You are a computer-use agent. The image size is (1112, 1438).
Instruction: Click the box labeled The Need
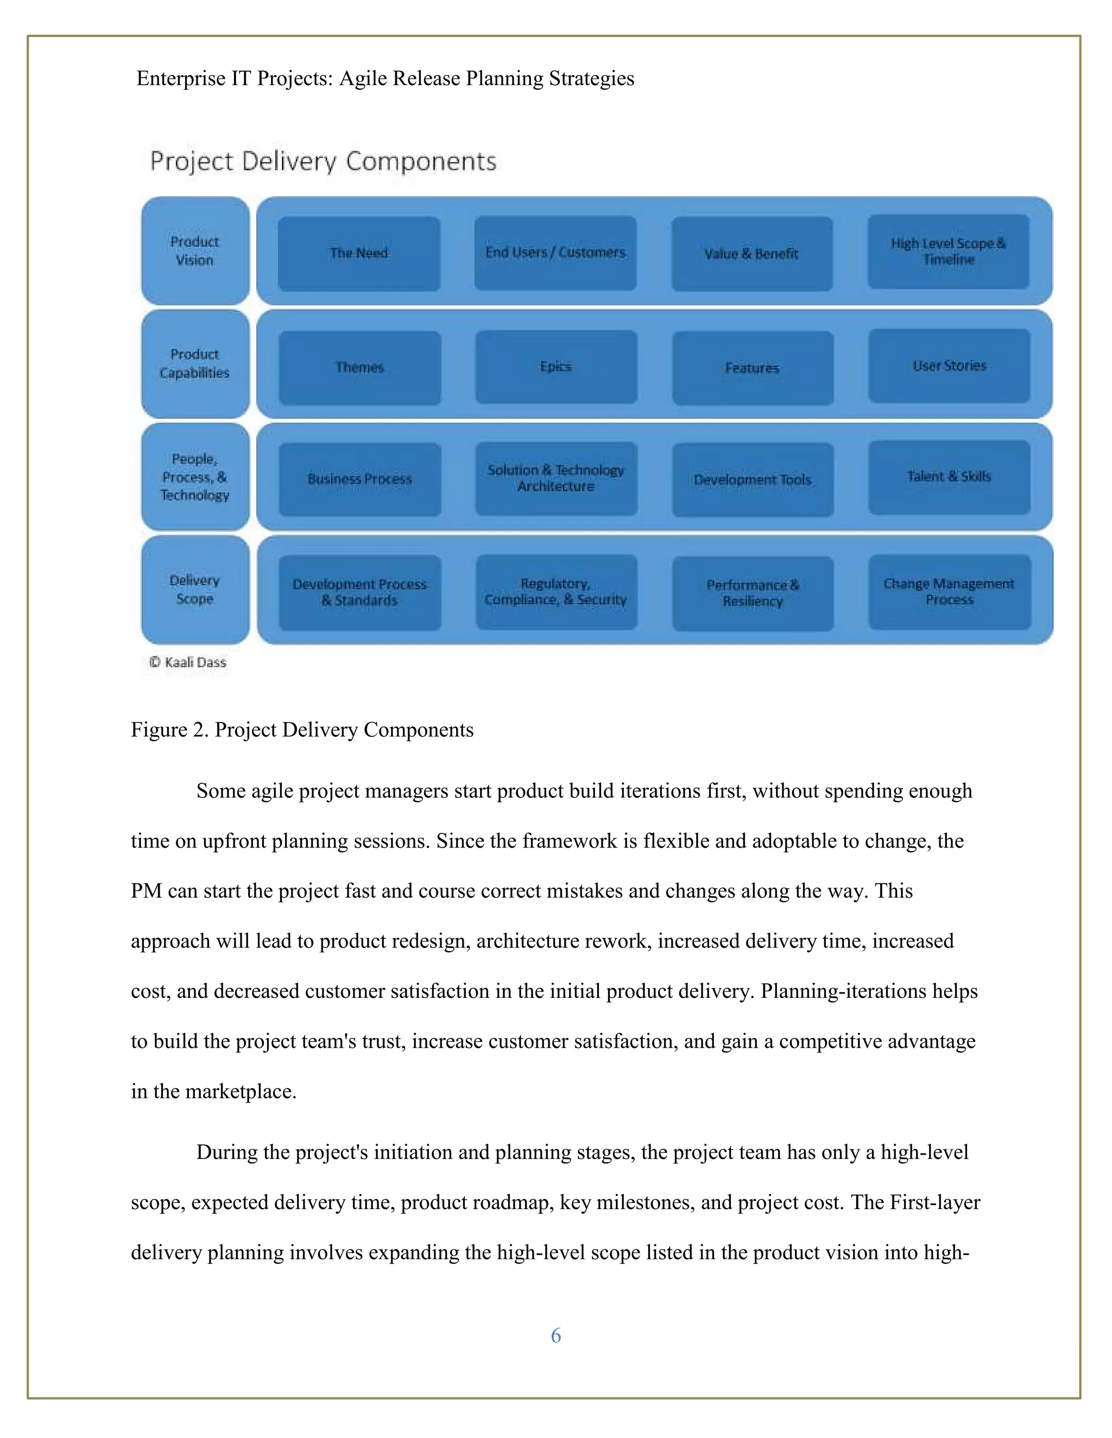point(358,253)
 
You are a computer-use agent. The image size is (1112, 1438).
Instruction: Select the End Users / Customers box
point(555,253)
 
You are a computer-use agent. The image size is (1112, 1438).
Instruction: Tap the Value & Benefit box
point(751,254)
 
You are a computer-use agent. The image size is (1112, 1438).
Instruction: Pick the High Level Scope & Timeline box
point(948,252)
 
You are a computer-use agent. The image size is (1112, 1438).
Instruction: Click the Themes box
point(359,367)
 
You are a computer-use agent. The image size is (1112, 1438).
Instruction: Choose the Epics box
point(556,367)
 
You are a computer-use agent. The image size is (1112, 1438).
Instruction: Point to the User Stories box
point(949,366)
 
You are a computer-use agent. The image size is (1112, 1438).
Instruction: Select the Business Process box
point(359,479)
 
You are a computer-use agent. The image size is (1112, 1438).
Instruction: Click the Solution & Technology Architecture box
point(556,479)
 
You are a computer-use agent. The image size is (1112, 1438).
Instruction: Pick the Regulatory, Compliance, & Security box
point(556,592)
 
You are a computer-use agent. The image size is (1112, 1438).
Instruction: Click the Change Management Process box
point(949,592)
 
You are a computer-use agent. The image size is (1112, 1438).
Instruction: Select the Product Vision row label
point(195,251)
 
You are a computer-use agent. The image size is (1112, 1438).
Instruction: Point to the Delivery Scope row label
point(195,590)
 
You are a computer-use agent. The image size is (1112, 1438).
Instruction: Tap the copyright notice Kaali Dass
point(188,663)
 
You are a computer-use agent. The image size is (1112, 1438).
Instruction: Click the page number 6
point(555,1335)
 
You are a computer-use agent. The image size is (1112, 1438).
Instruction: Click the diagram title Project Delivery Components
point(323,161)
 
